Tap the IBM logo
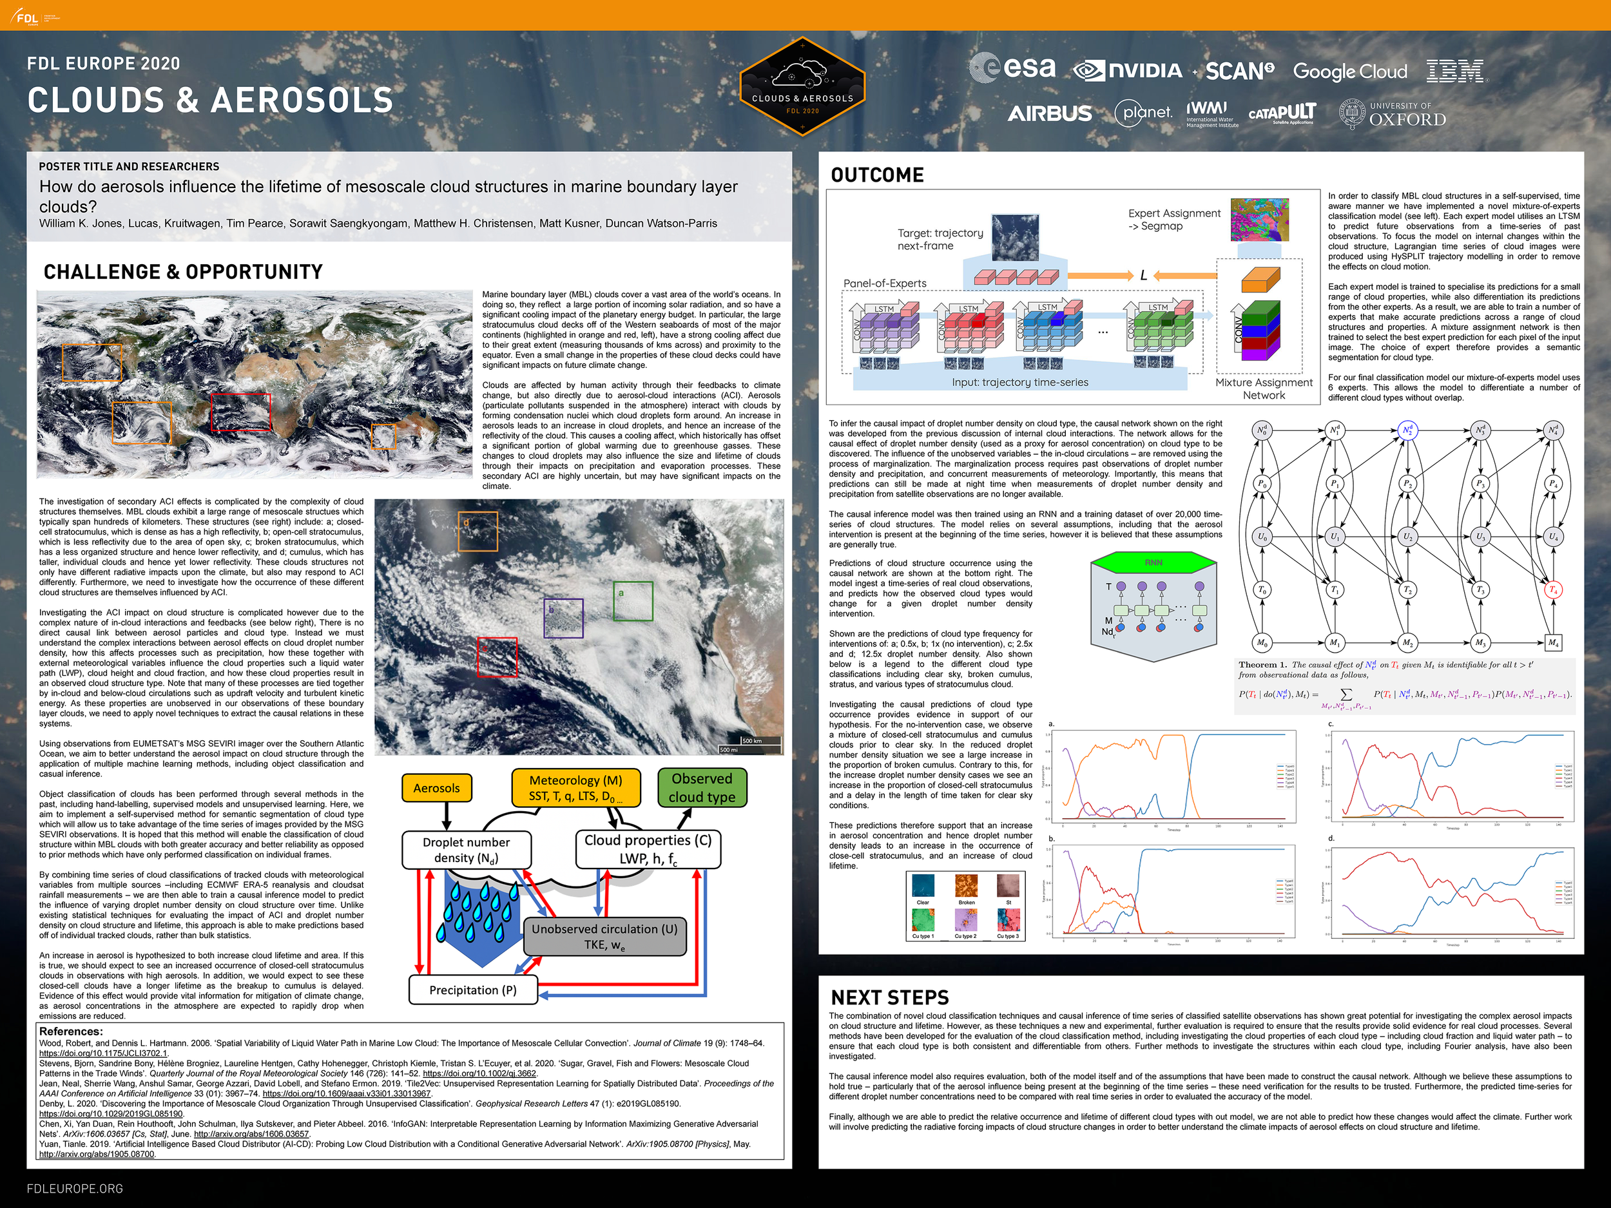1455,72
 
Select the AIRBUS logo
1050,113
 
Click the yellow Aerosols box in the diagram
436,788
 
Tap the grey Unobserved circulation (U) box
604,936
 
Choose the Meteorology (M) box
575,788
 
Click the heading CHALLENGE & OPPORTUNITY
183,273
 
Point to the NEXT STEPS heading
889,997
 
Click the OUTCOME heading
877,175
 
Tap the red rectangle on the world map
240,412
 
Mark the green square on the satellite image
632,600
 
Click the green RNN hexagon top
1153,563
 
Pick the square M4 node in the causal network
1553,643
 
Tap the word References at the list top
71,1031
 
